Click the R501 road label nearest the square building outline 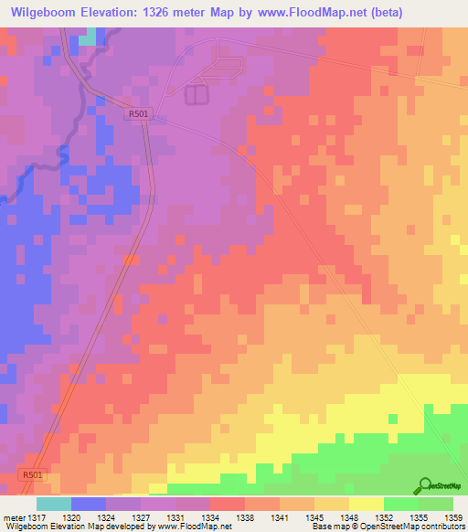tap(137, 113)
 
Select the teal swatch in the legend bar tap(53, 504)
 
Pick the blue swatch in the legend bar tap(88, 504)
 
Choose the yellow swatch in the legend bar tap(366, 504)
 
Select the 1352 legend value tap(385, 516)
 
